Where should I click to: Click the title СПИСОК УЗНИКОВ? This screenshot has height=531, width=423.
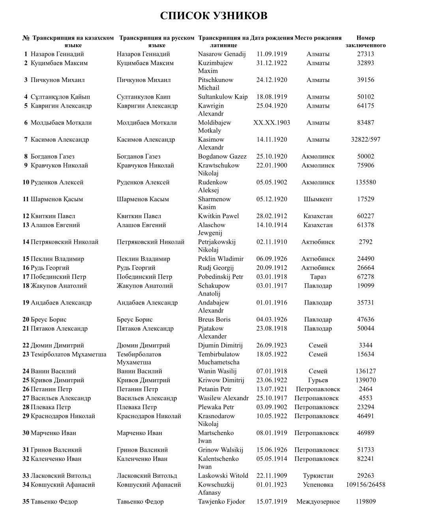pos(213,16)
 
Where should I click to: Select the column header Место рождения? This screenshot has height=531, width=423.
pos(318,38)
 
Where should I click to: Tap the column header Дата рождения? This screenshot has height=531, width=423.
pos(271,38)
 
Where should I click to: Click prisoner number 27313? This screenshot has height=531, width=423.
pos(365,54)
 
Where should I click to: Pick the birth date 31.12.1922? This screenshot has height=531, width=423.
pos(271,63)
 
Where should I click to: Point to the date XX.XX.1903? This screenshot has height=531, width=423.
pos(271,122)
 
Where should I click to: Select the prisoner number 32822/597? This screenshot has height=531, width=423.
pos(365,139)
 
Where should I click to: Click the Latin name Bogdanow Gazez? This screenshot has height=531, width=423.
pos(222,156)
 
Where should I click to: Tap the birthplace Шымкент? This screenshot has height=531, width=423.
pos(318,199)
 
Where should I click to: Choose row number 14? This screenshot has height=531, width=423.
pos(26,242)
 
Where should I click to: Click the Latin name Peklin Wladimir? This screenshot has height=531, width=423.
pos(221,259)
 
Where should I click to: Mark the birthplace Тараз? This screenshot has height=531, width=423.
pos(318,277)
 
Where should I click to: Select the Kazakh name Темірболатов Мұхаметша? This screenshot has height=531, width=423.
pos(68,354)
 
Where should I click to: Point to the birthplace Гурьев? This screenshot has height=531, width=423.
pos(318,380)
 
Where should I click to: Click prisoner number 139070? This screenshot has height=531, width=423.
pos(365,380)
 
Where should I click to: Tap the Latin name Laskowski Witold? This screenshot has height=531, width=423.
pos(223,475)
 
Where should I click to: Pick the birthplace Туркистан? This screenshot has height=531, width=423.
pos(318,475)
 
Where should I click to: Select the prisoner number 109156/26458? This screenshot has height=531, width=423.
pos(365,484)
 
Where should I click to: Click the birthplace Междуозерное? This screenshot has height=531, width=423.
pos(318,501)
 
